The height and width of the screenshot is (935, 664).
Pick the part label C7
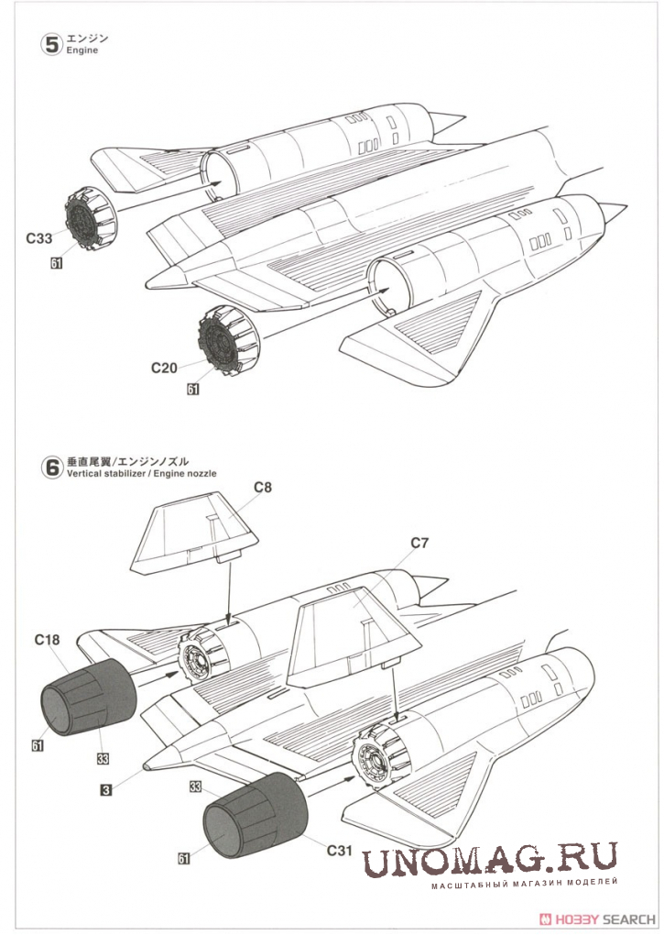click(x=419, y=543)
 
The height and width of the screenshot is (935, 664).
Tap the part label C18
click(x=49, y=642)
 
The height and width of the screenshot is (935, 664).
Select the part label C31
click(x=340, y=850)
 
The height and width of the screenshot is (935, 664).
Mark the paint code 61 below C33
click(x=57, y=262)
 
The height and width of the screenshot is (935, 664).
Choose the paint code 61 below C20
click(x=192, y=389)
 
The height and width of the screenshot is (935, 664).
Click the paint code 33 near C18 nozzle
click(x=103, y=757)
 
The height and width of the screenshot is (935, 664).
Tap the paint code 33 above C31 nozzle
click(x=195, y=786)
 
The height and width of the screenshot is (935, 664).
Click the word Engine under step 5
click(x=82, y=51)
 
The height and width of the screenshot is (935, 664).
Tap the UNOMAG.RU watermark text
click(x=490, y=860)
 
